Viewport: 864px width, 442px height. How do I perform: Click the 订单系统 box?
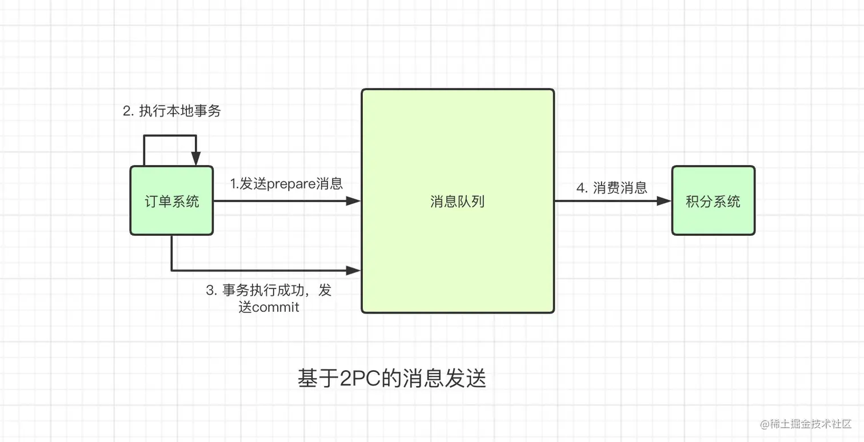point(171,200)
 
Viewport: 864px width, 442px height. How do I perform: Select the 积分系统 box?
point(713,200)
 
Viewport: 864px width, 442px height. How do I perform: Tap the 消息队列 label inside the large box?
point(457,201)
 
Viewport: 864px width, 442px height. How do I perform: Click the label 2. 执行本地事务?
point(172,111)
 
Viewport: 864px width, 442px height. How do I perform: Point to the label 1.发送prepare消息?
point(286,184)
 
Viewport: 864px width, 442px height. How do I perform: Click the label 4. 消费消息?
point(611,188)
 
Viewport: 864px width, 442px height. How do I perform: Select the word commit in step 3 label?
point(275,307)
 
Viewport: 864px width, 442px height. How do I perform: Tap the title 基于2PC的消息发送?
point(392,379)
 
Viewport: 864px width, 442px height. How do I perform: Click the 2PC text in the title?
point(354,379)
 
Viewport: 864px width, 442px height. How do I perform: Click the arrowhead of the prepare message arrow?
point(354,201)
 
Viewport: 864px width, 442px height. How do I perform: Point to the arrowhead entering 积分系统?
point(664,201)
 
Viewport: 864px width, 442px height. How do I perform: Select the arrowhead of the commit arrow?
point(354,270)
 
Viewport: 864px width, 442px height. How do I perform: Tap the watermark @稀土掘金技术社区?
point(806,424)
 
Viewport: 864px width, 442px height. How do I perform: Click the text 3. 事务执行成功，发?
point(269,290)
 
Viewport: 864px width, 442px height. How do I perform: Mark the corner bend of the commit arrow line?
point(171,270)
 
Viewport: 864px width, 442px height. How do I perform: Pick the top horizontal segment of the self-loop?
point(170,136)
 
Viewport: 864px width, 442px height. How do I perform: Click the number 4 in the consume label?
point(581,188)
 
